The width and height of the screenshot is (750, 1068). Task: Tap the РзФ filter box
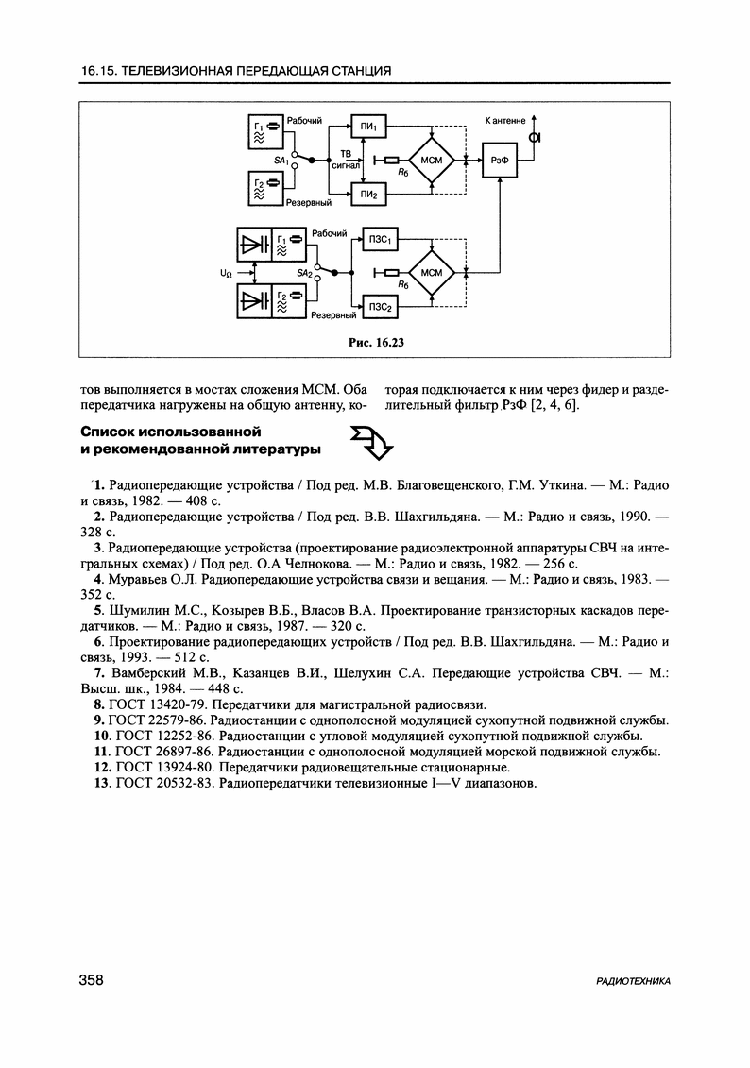tap(500, 161)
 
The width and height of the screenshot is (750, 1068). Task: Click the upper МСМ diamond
tap(432, 161)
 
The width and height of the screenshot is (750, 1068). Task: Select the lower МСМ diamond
tap(432, 274)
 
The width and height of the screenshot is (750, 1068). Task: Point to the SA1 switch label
tap(281, 161)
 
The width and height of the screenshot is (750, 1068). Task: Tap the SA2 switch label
tap(304, 273)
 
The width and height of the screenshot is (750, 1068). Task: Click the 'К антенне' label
tap(505, 121)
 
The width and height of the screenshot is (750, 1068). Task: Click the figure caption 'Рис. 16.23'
tap(375, 342)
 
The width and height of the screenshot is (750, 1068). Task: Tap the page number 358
tap(91, 981)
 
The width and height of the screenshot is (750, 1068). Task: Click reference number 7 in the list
tap(98, 672)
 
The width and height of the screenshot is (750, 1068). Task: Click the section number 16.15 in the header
tap(98, 71)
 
